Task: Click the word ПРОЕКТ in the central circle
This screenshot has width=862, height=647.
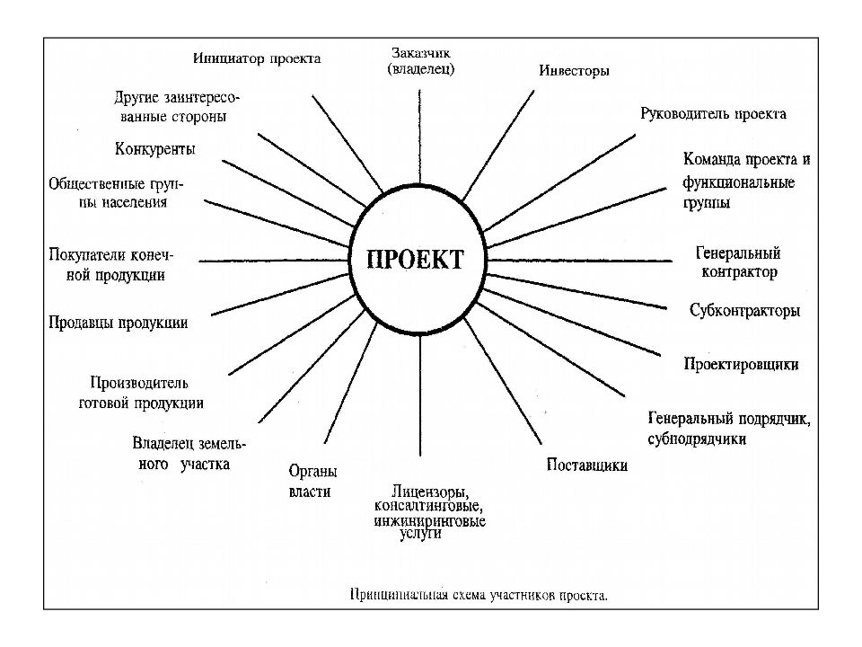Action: [x=416, y=260]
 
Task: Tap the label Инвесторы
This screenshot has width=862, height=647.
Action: [x=574, y=70]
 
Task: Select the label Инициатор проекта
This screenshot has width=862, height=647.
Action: [x=257, y=58]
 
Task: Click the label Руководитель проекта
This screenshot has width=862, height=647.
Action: [x=713, y=114]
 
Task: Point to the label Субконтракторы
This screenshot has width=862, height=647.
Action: [x=745, y=310]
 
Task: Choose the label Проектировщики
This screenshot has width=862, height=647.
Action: [x=741, y=364]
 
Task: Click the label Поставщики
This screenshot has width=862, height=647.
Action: [x=587, y=465]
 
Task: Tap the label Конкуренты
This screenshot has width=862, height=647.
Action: [x=155, y=149]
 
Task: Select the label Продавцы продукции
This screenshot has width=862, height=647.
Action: [x=119, y=323]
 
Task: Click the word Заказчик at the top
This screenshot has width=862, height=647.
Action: [x=421, y=53]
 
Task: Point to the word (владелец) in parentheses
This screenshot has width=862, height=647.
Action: [x=421, y=69]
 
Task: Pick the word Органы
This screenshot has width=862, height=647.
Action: [x=312, y=472]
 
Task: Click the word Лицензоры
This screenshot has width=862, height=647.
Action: [x=430, y=492]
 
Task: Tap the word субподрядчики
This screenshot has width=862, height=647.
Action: [x=697, y=439]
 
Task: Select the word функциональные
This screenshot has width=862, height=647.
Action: [x=739, y=182]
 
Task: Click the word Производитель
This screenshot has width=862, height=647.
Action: [x=139, y=383]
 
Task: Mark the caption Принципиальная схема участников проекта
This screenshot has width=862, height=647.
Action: [x=479, y=595]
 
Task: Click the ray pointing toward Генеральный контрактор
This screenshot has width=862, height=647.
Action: [x=579, y=261]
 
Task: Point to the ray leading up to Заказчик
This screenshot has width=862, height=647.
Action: [x=420, y=137]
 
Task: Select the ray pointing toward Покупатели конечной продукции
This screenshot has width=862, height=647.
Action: [x=273, y=261]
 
